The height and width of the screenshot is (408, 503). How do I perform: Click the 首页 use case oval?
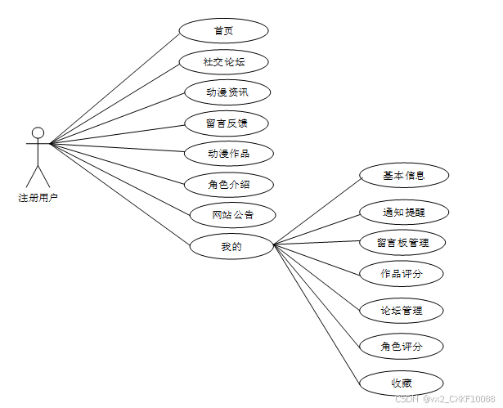[x=223, y=31]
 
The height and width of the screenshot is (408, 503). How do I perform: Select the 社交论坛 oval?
[x=223, y=62]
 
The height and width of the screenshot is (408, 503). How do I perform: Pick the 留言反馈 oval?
[x=227, y=123]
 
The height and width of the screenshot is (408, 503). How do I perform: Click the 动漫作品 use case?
[x=228, y=154]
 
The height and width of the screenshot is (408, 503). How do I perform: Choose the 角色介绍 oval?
[x=228, y=184]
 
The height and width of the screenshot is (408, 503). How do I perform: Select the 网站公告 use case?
[x=232, y=215]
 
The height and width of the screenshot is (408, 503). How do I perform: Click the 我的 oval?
[x=231, y=246]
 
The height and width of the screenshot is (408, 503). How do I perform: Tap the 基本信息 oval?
[x=403, y=176]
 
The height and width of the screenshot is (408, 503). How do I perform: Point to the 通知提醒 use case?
[x=403, y=212]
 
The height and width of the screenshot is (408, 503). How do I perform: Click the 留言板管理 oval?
[x=403, y=243]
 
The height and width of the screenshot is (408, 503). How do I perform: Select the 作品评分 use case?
[x=402, y=274]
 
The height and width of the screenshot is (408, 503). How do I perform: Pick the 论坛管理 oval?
[x=402, y=311]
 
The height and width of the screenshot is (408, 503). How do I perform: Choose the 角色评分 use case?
[x=402, y=347]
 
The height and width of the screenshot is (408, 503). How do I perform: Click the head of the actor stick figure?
[x=38, y=132]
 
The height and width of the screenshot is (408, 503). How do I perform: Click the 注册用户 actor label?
[x=38, y=198]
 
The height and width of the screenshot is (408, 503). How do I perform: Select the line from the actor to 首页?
[x=115, y=87]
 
